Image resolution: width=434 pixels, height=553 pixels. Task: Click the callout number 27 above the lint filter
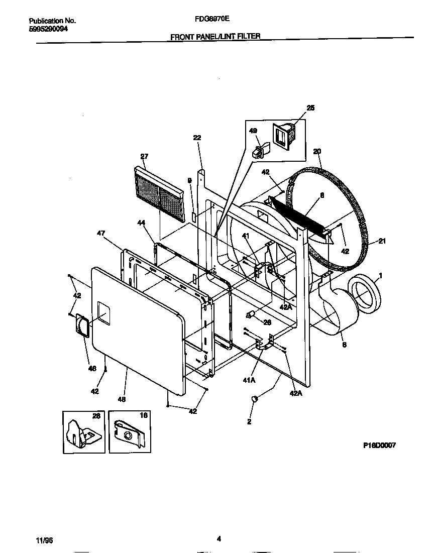144,156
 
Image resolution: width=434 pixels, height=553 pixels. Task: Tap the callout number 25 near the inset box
310,108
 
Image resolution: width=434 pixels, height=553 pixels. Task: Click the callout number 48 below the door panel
121,399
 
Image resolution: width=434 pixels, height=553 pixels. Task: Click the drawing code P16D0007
380,445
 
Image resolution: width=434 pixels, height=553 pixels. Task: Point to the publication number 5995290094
48,29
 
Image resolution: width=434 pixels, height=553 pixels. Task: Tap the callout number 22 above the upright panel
197,138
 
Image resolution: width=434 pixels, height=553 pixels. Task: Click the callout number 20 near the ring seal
316,151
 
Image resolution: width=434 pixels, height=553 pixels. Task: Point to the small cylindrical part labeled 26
251,314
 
